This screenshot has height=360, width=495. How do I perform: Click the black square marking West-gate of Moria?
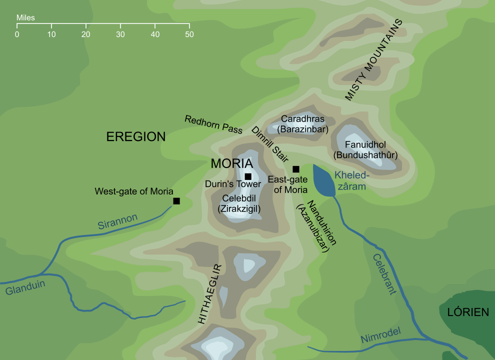click(176, 201)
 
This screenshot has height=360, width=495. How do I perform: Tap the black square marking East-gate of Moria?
click(296, 169)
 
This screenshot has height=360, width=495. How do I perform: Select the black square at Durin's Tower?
click(248, 176)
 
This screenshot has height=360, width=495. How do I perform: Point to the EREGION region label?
click(135, 137)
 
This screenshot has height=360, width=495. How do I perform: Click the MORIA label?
click(231, 163)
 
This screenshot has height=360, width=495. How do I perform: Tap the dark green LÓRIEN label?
click(467, 312)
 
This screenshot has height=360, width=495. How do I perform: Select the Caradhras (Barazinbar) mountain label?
click(302, 124)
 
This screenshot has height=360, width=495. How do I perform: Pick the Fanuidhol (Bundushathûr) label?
click(365, 150)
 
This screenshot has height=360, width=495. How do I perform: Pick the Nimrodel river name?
click(381, 339)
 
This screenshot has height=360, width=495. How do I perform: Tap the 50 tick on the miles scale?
click(189, 34)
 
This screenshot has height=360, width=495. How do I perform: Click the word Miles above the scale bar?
click(25, 18)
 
